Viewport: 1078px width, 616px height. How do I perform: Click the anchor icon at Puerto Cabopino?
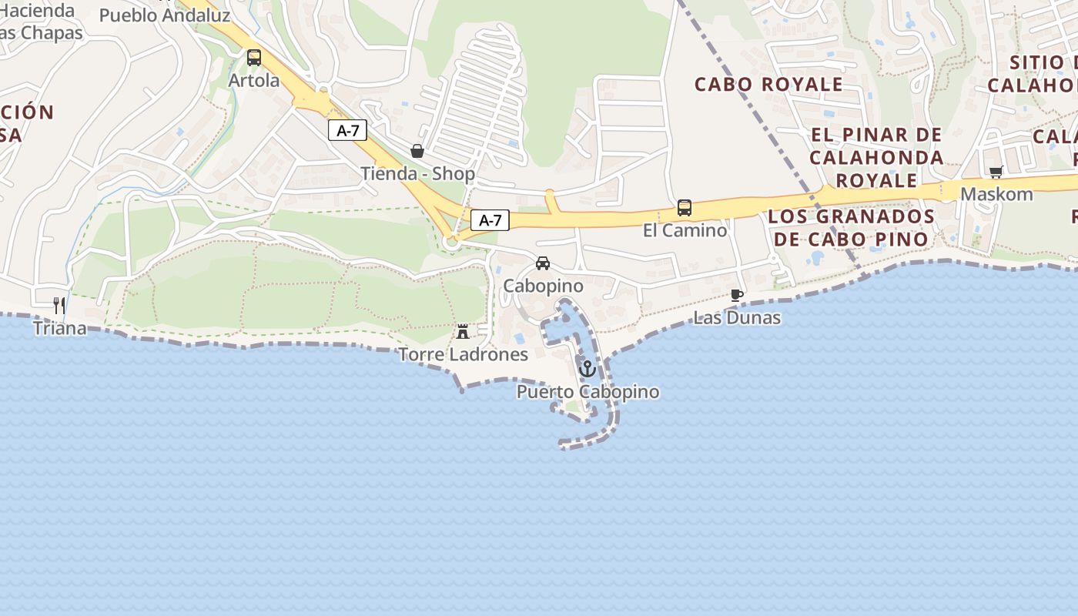588,369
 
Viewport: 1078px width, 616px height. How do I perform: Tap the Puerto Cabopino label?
588,392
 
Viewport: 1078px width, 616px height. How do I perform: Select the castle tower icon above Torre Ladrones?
463,332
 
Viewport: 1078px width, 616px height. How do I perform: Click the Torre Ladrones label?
463,354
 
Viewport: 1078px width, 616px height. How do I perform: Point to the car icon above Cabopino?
543,263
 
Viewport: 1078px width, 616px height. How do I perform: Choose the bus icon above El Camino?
685,208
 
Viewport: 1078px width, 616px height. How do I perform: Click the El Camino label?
685,230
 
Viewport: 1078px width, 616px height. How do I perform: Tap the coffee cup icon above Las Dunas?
737,295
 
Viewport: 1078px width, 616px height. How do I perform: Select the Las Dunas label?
737,317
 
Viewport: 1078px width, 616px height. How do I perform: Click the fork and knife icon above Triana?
59,306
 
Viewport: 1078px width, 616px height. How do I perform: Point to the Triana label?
59,328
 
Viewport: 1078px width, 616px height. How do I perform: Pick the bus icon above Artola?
254,58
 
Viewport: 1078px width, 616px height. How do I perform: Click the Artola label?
254,80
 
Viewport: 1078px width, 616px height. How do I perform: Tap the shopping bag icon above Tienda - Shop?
417,151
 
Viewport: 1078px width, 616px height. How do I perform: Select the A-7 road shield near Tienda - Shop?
347,130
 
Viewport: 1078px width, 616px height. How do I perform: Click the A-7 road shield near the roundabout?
490,220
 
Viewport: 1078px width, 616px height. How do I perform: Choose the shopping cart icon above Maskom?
996,172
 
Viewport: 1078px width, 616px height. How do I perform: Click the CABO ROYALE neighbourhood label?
768,84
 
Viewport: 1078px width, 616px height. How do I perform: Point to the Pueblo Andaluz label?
165,15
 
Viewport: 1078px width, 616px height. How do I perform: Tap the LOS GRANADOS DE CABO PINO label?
851,227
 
